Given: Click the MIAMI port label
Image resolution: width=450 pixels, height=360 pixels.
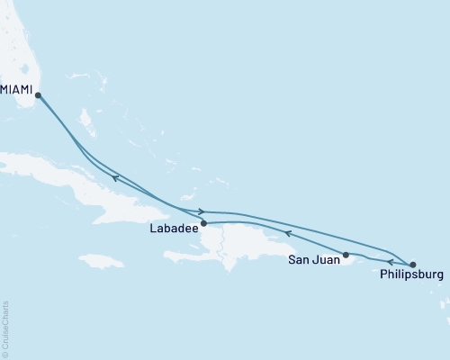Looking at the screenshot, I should [x=17, y=87].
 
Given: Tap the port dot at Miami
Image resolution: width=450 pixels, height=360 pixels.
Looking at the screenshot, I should [x=37, y=94].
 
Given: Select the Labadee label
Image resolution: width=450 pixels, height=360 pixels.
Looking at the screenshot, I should [x=174, y=229].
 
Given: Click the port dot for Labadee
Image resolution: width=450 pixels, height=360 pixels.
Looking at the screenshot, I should [x=203, y=223].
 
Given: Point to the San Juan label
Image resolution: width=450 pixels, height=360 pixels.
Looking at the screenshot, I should [x=314, y=261].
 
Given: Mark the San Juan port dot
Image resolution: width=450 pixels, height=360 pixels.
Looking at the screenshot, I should [x=346, y=255].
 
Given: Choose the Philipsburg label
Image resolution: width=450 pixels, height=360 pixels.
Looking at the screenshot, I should [x=412, y=276].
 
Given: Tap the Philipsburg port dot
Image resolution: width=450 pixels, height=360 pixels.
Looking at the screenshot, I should [x=413, y=265].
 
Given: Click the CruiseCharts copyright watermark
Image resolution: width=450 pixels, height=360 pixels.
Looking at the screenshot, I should [x=6, y=328].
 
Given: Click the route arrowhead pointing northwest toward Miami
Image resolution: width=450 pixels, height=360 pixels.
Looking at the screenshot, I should [x=115, y=177].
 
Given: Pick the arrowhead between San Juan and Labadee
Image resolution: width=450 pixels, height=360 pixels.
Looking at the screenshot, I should [x=287, y=233].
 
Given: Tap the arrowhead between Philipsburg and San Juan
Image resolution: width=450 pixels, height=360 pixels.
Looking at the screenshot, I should [x=378, y=262].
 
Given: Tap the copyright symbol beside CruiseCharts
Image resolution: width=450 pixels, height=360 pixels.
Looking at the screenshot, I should [x=6, y=354].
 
